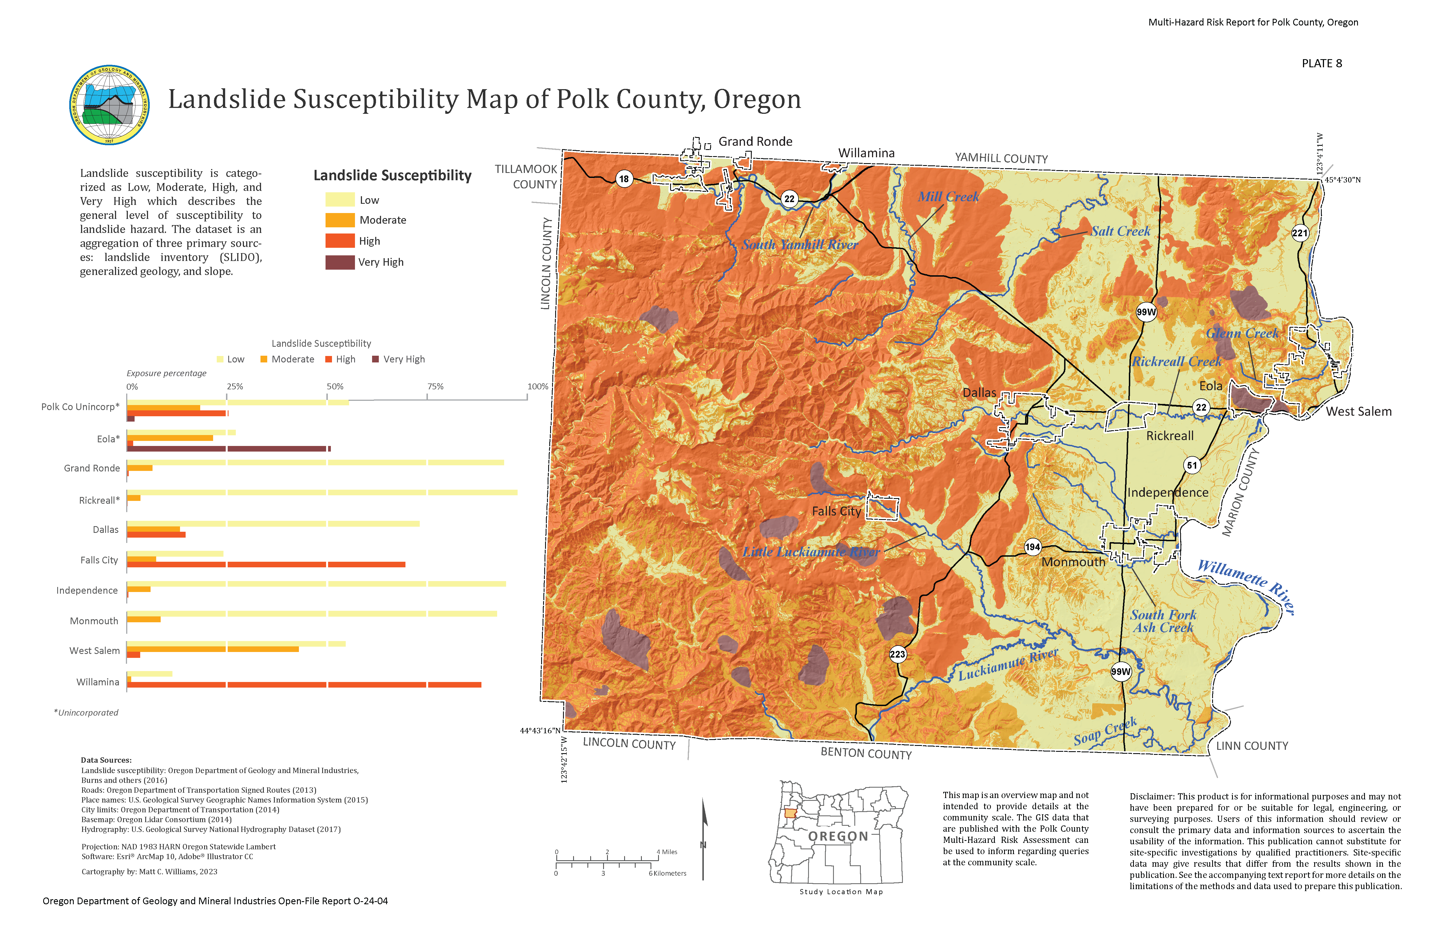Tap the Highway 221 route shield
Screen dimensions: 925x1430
(1300, 233)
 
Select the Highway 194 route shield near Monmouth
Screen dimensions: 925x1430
(1032, 547)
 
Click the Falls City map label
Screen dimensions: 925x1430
(836, 511)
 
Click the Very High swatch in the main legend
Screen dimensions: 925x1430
(340, 262)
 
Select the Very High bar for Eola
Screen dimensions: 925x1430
(228, 449)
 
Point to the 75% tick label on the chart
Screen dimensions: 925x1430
(435, 386)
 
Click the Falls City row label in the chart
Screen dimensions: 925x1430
(99, 560)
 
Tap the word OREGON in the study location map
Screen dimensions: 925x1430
(838, 836)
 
